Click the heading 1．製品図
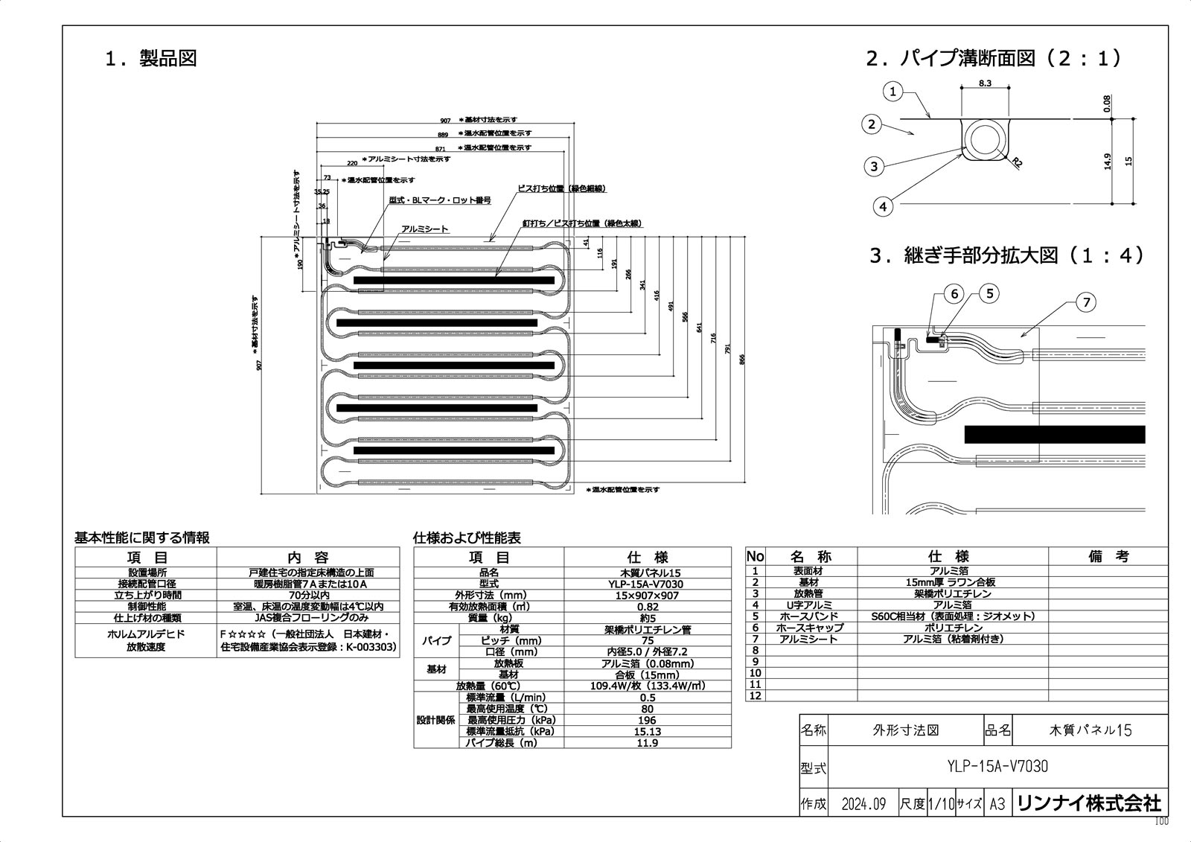point(151,59)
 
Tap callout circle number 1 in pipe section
point(893,92)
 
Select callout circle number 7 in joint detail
point(1086,302)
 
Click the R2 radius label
point(1017,163)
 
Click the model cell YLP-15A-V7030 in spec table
point(648,584)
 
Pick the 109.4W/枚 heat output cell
point(648,686)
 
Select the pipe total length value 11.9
point(648,742)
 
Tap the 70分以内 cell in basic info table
point(307,595)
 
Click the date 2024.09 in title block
point(863,804)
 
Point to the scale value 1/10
point(941,804)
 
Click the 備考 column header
point(1108,556)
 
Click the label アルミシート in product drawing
point(424,229)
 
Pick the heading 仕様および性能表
point(467,538)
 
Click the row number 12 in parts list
point(755,695)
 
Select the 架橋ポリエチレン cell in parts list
point(952,593)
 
